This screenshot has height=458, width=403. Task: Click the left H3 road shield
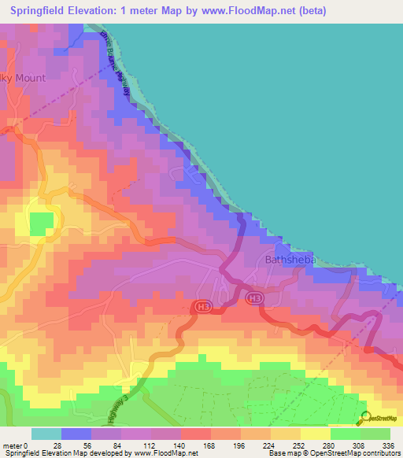pyautogui.click(x=203, y=305)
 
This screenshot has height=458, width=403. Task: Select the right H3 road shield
pyautogui.click(x=253, y=298)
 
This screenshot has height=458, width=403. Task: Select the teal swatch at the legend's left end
pyautogui.click(x=46, y=434)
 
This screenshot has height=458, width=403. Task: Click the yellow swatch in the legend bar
pyautogui.click(x=316, y=434)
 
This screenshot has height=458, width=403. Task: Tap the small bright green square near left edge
pyautogui.click(x=39, y=225)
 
